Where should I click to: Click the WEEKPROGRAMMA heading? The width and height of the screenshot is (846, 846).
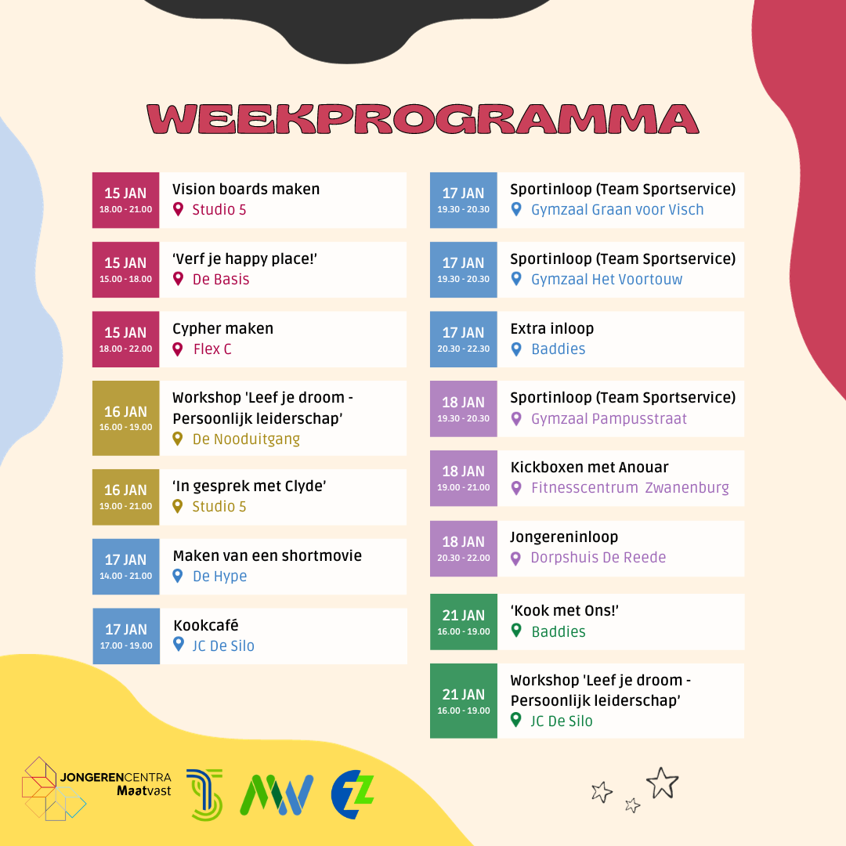click(x=423, y=119)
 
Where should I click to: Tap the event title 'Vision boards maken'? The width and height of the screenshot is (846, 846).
click(x=246, y=189)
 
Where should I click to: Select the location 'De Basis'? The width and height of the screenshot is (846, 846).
click(x=221, y=279)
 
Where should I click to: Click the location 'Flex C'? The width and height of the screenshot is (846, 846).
click(x=212, y=349)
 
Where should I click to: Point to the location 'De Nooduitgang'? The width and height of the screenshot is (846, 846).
click(x=246, y=439)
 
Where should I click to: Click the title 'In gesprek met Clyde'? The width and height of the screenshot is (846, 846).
click(x=249, y=486)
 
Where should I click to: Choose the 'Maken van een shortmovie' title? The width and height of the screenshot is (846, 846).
click(x=267, y=555)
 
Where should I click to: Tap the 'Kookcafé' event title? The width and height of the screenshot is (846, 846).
click(x=205, y=625)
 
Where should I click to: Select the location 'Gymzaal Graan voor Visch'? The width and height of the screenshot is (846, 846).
click(x=617, y=209)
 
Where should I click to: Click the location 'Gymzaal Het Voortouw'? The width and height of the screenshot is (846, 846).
click(x=606, y=279)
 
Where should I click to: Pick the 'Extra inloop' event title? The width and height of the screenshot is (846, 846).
click(x=552, y=328)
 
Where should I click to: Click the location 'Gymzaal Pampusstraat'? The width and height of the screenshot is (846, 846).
click(x=609, y=418)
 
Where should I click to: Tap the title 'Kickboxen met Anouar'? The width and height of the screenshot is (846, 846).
click(x=589, y=467)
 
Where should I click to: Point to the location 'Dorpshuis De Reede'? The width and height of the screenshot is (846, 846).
click(x=598, y=558)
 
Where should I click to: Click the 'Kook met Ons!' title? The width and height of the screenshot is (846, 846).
click(x=564, y=610)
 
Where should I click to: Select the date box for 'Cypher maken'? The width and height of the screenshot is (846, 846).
click(x=125, y=339)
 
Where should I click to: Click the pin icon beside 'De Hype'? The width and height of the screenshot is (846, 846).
click(x=178, y=577)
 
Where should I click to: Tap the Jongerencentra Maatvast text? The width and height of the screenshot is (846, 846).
click(x=115, y=784)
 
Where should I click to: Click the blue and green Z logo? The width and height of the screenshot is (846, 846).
click(x=352, y=794)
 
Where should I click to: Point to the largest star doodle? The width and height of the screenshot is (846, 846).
click(x=662, y=783)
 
